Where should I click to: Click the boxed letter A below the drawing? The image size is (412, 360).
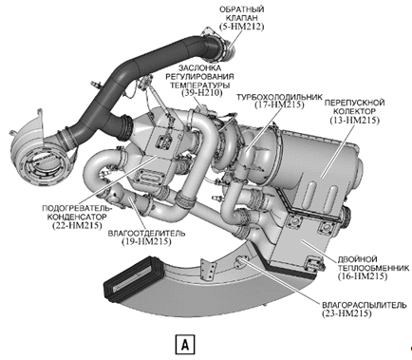point(185,344)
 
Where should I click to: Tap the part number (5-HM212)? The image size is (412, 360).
point(242,27)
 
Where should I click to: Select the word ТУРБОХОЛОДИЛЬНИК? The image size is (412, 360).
point(279,97)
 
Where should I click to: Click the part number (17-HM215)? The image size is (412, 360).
point(279,104)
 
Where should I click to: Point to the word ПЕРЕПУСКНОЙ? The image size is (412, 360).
point(354,103)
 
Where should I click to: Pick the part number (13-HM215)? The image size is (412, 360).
point(354,120)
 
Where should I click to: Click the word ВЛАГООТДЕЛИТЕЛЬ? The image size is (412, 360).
point(147,234)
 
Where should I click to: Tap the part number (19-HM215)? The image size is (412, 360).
point(146,241)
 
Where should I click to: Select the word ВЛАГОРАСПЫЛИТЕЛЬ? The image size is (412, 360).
point(364,306)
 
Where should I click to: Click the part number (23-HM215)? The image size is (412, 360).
point(346,313)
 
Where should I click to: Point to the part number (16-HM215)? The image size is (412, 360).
point(363,276)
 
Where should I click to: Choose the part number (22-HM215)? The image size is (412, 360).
point(78,225)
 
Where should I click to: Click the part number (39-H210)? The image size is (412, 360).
point(202,93)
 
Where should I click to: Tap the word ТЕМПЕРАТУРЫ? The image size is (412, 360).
point(200,85)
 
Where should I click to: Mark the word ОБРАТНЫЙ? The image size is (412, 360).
point(242,9)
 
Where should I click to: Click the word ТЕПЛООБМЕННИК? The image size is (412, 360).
point(374,268)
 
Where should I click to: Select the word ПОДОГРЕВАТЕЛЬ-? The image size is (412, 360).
point(78,209)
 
